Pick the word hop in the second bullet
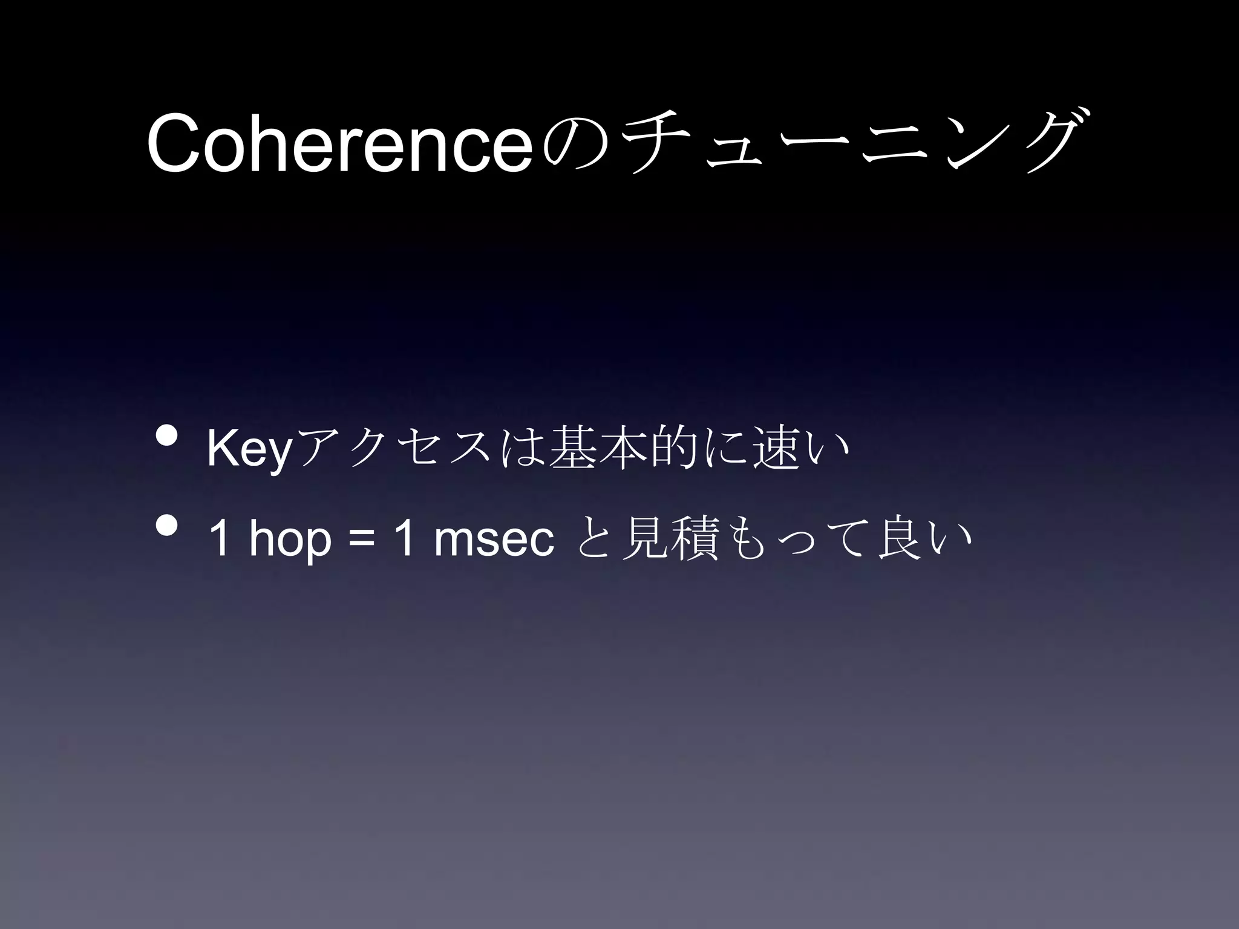(x=290, y=540)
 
